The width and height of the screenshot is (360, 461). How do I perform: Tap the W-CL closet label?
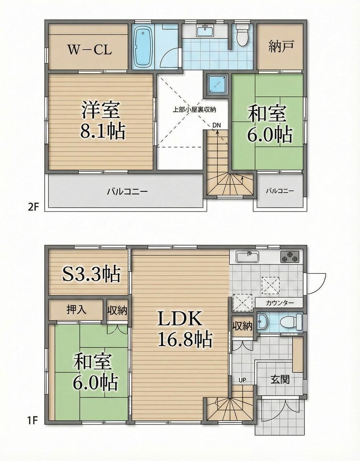[90, 50]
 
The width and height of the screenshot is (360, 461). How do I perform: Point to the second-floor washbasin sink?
[205, 31]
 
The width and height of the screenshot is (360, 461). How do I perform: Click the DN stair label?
[217, 125]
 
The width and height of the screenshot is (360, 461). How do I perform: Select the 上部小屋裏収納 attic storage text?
[194, 110]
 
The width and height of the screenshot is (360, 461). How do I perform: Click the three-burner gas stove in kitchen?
[289, 258]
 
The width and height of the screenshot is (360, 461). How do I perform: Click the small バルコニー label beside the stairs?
[280, 191]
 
